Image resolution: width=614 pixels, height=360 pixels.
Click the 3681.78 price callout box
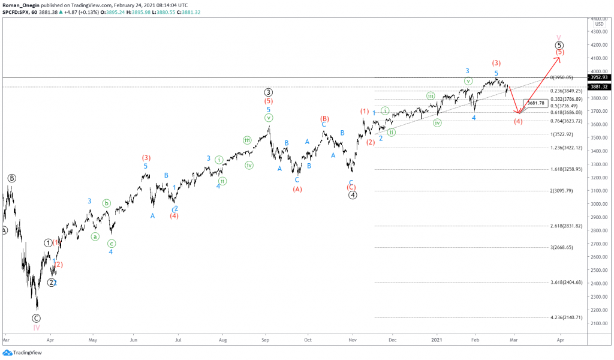pos(535,103)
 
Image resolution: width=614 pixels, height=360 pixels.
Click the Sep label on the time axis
pos(265,339)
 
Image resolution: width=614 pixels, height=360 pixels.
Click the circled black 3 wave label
pos(269,92)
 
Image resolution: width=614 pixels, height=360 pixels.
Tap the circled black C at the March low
pos(37,318)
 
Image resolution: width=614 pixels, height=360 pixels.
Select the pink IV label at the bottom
pos(36,328)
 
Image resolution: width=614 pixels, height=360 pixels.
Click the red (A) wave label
pos(297,190)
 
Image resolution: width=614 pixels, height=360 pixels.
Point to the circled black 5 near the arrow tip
pos(559,45)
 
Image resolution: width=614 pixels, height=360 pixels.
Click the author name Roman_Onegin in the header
pos(21,5)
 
